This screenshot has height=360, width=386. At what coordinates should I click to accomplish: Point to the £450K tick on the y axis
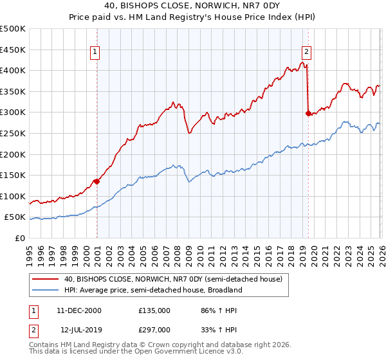(14, 50)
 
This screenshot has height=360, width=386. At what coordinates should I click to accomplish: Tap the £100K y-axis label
(14, 196)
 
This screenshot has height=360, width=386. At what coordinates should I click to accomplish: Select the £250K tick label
(14, 133)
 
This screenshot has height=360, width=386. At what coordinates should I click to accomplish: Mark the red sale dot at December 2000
(96, 181)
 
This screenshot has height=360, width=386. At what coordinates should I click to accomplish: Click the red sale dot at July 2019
(308, 114)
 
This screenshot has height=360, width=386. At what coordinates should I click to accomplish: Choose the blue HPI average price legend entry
(152, 290)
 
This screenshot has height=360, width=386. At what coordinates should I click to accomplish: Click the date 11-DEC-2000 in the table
(78, 310)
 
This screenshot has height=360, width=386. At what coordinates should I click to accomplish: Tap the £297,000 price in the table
(154, 329)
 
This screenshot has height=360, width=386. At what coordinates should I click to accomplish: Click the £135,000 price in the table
(154, 310)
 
